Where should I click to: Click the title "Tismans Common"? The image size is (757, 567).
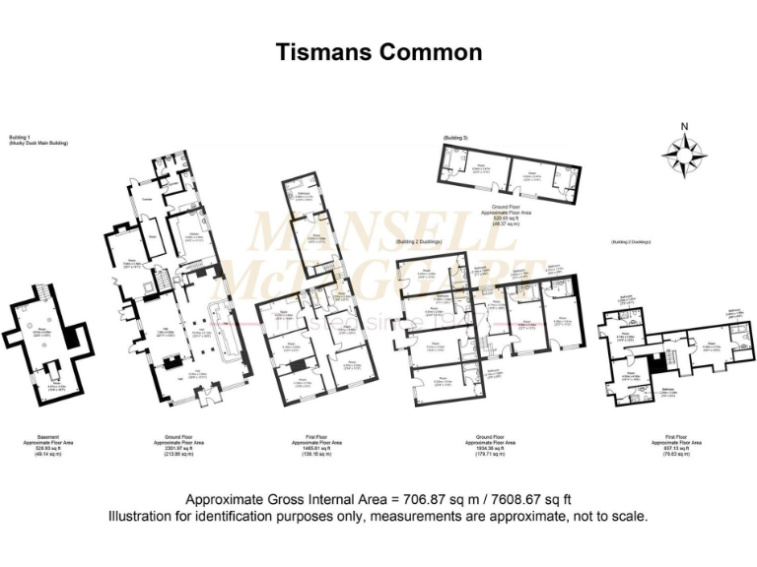coord(378,52)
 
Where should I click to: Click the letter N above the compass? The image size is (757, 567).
coord(683,125)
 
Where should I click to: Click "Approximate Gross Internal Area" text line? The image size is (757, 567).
coord(378,498)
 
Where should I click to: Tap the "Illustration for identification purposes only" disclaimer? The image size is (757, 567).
coord(378,516)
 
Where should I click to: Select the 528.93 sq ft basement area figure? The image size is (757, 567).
coord(47,451)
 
